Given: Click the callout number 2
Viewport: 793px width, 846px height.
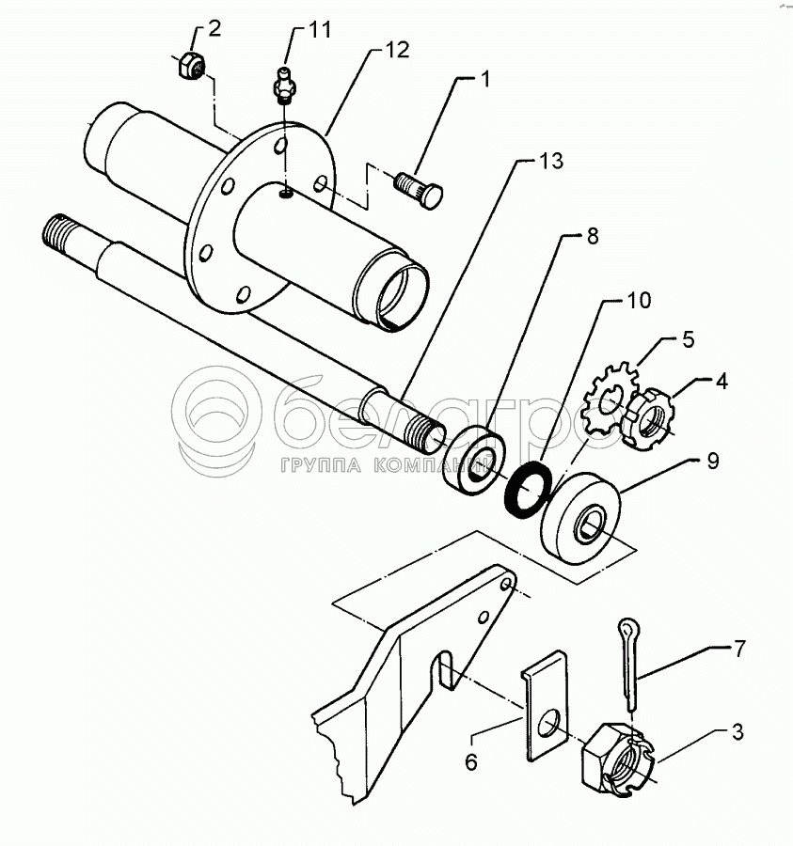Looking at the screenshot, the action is coord(214,28).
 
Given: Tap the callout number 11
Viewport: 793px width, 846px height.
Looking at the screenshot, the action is coord(320,30).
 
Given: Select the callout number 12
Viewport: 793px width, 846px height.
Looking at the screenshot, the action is coord(397,50).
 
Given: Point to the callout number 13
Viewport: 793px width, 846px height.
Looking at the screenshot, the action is coord(551,161).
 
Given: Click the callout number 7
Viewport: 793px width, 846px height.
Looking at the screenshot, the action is coord(738,648).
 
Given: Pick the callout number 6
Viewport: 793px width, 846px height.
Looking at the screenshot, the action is coord(470,762).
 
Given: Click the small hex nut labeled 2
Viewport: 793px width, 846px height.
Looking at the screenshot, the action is coord(192,65).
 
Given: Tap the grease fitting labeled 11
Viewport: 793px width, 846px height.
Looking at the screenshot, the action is coord(284,86).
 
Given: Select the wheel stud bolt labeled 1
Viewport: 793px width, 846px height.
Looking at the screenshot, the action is coord(420,190).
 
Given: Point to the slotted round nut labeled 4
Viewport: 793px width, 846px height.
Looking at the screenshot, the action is coord(647,418).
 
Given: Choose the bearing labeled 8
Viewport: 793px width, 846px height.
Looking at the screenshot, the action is coord(474,461).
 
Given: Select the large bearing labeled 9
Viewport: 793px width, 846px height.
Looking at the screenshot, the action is coord(580,518).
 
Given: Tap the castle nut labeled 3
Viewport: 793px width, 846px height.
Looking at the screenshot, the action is coord(619,760).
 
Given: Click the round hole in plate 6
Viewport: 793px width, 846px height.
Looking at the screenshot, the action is coord(547,724).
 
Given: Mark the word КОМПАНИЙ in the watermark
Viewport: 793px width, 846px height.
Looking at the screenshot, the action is coord(435,465).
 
